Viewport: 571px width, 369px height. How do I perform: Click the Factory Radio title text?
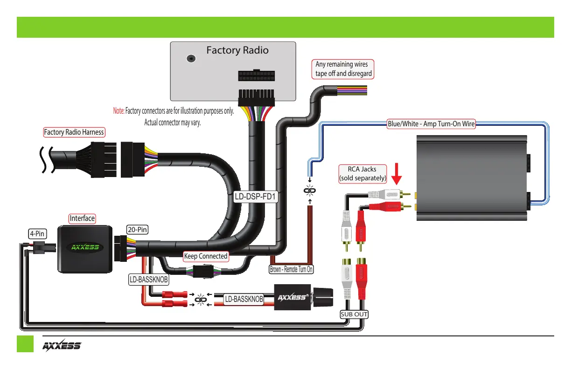pyautogui.click(x=237, y=50)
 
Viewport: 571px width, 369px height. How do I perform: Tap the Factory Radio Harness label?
pyautogui.click(x=74, y=132)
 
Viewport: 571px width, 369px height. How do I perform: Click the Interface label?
pyautogui.click(x=82, y=218)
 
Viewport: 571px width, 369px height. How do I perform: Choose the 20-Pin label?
pyautogui.click(x=137, y=229)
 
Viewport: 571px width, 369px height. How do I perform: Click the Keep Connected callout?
pyautogui.click(x=206, y=256)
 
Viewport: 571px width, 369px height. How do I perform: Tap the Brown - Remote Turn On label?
pyautogui.click(x=292, y=269)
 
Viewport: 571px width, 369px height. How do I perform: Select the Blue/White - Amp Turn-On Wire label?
pyautogui.click(x=431, y=124)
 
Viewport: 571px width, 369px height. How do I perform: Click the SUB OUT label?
pyautogui.click(x=354, y=314)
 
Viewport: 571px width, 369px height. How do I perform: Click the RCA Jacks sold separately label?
pyautogui.click(x=362, y=173)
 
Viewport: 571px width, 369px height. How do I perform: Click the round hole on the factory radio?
pyautogui.click(x=190, y=59)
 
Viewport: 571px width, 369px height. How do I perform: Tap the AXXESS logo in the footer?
pyautogui.click(x=62, y=346)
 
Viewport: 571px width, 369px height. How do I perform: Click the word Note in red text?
pyautogui.click(x=118, y=111)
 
